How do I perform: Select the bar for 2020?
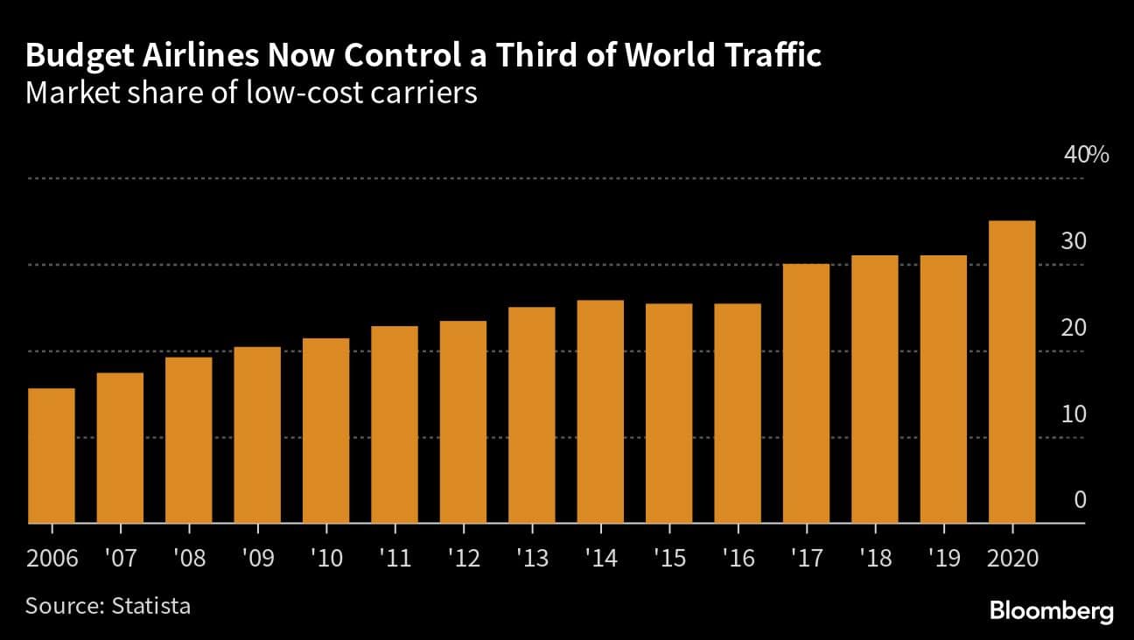[x=1011, y=372]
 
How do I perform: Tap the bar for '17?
[x=806, y=393]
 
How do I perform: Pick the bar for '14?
[x=600, y=412]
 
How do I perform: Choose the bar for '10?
[x=326, y=431]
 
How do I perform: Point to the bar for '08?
[x=189, y=441]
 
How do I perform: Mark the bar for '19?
[x=943, y=390]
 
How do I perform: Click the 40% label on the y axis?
[x=1086, y=156]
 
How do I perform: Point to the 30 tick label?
[x=1074, y=241]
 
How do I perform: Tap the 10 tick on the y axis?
[x=1074, y=414]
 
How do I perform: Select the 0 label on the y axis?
[x=1080, y=499]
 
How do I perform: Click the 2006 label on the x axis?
[x=52, y=558]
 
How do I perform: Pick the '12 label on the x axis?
[x=463, y=558]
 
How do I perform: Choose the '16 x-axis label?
[x=738, y=558]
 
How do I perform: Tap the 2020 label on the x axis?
[x=1011, y=558]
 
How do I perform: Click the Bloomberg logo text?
[x=1052, y=611]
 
